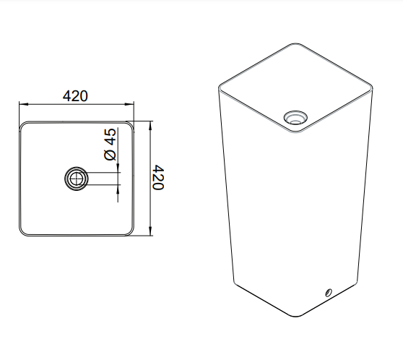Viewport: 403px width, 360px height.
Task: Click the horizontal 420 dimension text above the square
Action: click(x=76, y=95)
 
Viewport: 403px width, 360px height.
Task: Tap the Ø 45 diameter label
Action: click(x=110, y=145)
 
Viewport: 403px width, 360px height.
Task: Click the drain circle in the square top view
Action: click(x=76, y=178)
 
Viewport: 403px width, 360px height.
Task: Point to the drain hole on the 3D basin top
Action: click(x=295, y=117)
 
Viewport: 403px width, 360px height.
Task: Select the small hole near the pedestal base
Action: click(x=328, y=293)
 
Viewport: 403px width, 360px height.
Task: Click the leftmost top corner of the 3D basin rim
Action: click(x=220, y=85)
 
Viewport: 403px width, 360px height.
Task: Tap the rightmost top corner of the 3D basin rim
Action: click(x=374, y=87)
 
